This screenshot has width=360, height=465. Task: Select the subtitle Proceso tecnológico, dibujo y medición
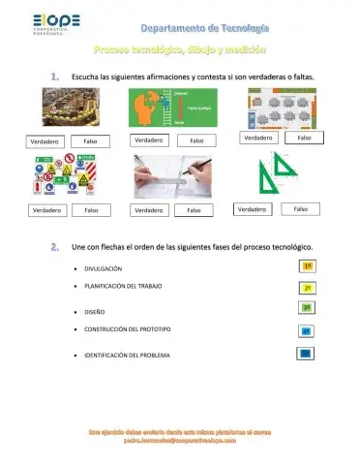[181, 47]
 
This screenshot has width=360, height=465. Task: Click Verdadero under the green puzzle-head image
[149, 139]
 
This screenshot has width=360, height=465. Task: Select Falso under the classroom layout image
[303, 138]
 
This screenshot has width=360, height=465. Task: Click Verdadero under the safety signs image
[48, 209]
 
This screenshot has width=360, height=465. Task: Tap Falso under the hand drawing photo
[194, 209]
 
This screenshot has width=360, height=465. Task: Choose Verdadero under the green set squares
[253, 208]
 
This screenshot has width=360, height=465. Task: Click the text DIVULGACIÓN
[104, 267]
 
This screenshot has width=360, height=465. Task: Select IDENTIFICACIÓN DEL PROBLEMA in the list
[128, 356]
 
